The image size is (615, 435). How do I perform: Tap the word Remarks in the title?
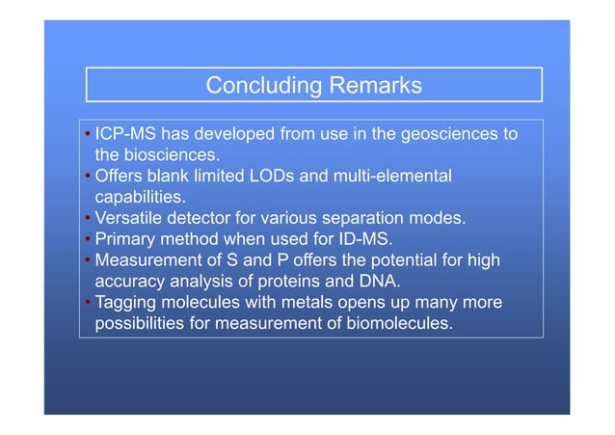point(377,86)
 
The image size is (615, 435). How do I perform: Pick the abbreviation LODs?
point(299,177)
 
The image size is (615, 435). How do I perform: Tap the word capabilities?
point(139,197)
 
